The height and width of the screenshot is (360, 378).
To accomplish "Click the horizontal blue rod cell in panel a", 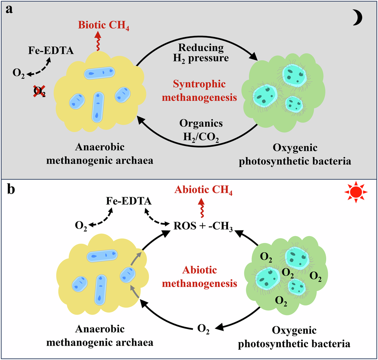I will [99, 73].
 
